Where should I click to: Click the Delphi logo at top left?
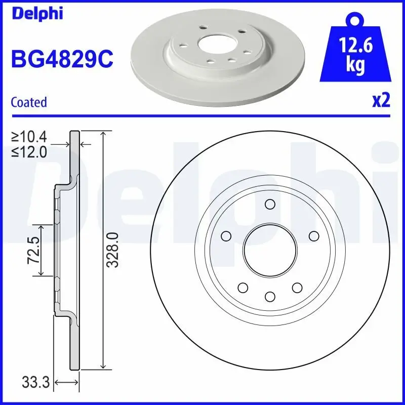point(36,14)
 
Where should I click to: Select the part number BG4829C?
point(62,59)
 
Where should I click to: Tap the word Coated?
point(29,102)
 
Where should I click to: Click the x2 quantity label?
point(381,101)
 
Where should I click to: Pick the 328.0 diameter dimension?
point(114,250)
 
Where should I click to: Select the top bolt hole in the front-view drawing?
point(269,204)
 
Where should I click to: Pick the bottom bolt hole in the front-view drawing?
point(269,296)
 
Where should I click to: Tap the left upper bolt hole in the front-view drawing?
point(226,235)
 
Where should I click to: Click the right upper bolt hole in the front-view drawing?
point(313,235)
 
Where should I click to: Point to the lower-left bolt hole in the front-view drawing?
point(242,287)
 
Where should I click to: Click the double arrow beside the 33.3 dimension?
point(67,383)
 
